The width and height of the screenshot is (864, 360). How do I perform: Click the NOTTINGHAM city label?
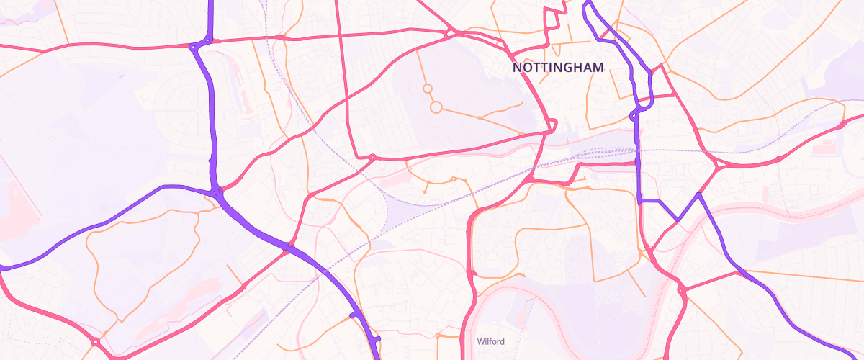558,67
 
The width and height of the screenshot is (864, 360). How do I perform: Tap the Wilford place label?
490,341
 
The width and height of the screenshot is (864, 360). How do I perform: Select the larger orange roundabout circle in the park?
436,107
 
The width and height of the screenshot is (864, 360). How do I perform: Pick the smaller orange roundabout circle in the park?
427,89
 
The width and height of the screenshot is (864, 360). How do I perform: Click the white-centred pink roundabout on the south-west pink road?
95,341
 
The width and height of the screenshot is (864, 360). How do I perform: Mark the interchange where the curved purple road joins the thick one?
217,192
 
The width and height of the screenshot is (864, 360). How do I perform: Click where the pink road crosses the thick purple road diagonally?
289,248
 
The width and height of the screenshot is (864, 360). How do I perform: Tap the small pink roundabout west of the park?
372,156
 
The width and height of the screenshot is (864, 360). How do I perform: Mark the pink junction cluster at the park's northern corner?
451,32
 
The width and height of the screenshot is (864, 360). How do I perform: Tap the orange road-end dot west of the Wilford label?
437,336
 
